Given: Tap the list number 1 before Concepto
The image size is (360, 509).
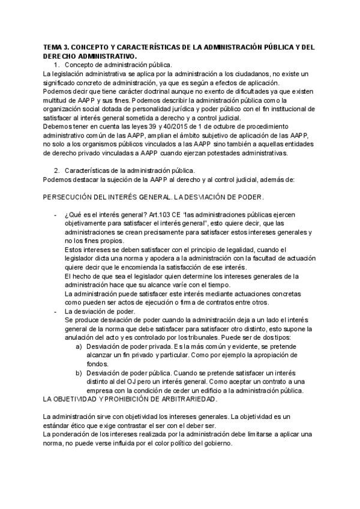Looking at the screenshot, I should pyautogui.click(x=56, y=64).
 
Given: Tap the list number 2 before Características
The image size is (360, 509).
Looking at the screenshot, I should pyautogui.click(x=56, y=171).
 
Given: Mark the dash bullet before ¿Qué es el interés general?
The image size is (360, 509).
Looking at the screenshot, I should pyautogui.click(x=56, y=215).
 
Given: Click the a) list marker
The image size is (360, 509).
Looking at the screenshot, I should pyautogui.click(x=79, y=347).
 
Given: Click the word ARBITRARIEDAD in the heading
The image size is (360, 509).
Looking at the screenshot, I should pyautogui.click(x=187, y=399).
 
